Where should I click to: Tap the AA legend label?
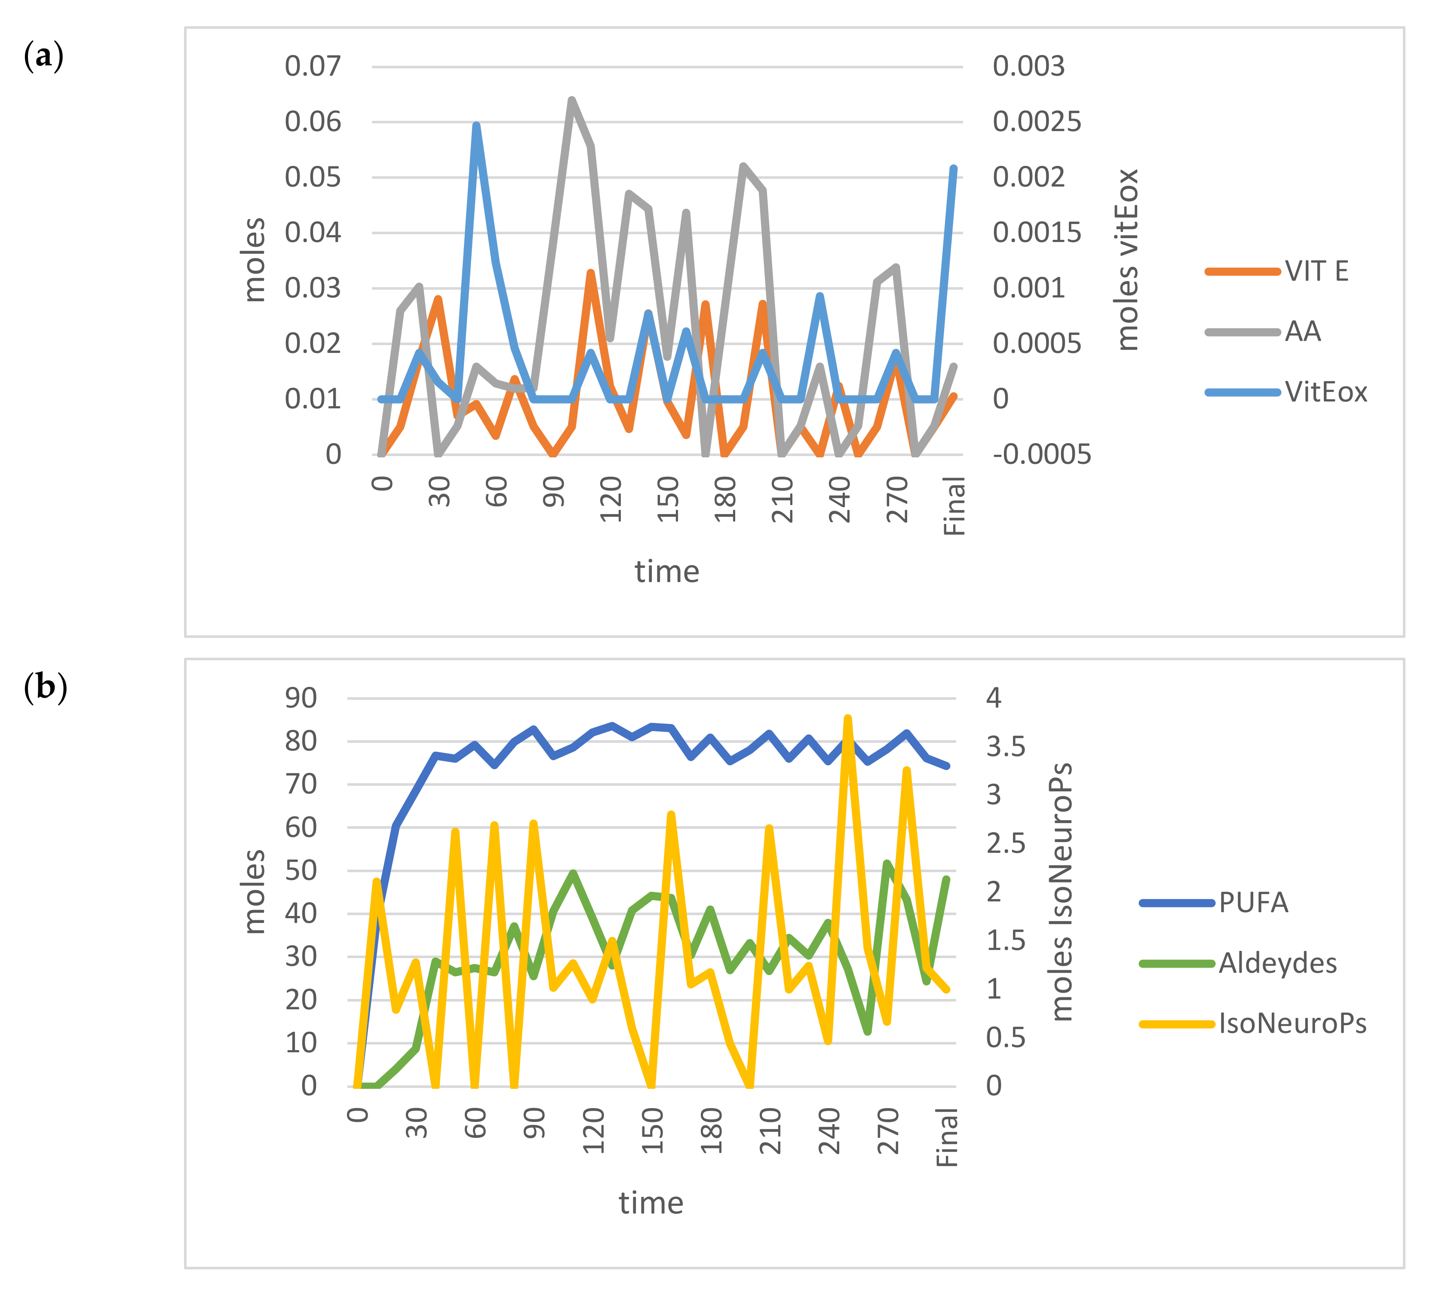(1302, 332)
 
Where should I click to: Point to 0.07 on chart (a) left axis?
(313, 66)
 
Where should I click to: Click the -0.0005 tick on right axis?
(1041, 454)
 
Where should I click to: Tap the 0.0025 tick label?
(1036, 122)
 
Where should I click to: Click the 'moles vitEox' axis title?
(1127, 260)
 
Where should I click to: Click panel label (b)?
(45, 687)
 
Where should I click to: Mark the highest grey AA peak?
(571, 100)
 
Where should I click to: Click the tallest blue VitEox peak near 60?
(476, 126)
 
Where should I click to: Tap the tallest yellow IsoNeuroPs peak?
(847, 718)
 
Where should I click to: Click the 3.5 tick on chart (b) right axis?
(1005, 747)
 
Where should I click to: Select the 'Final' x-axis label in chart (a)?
(954, 506)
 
